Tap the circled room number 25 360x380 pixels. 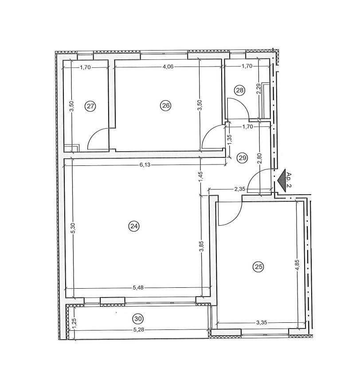[x=258, y=266]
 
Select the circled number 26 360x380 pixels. [x=166, y=106]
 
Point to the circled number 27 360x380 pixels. [x=90, y=106]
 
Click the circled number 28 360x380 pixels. [x=239, y=90]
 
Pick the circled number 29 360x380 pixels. [x=243, y=158]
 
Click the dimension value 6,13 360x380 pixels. [x=145, y=165]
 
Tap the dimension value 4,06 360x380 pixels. [x=168, y=67]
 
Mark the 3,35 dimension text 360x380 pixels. [x=262, y=322]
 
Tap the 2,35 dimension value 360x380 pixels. [x=240, y=189]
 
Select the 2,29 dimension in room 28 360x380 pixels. [x=259, y=89]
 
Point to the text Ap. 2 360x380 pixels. [x=289, y=180]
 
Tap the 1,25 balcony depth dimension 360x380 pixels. [x=74, y=322]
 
